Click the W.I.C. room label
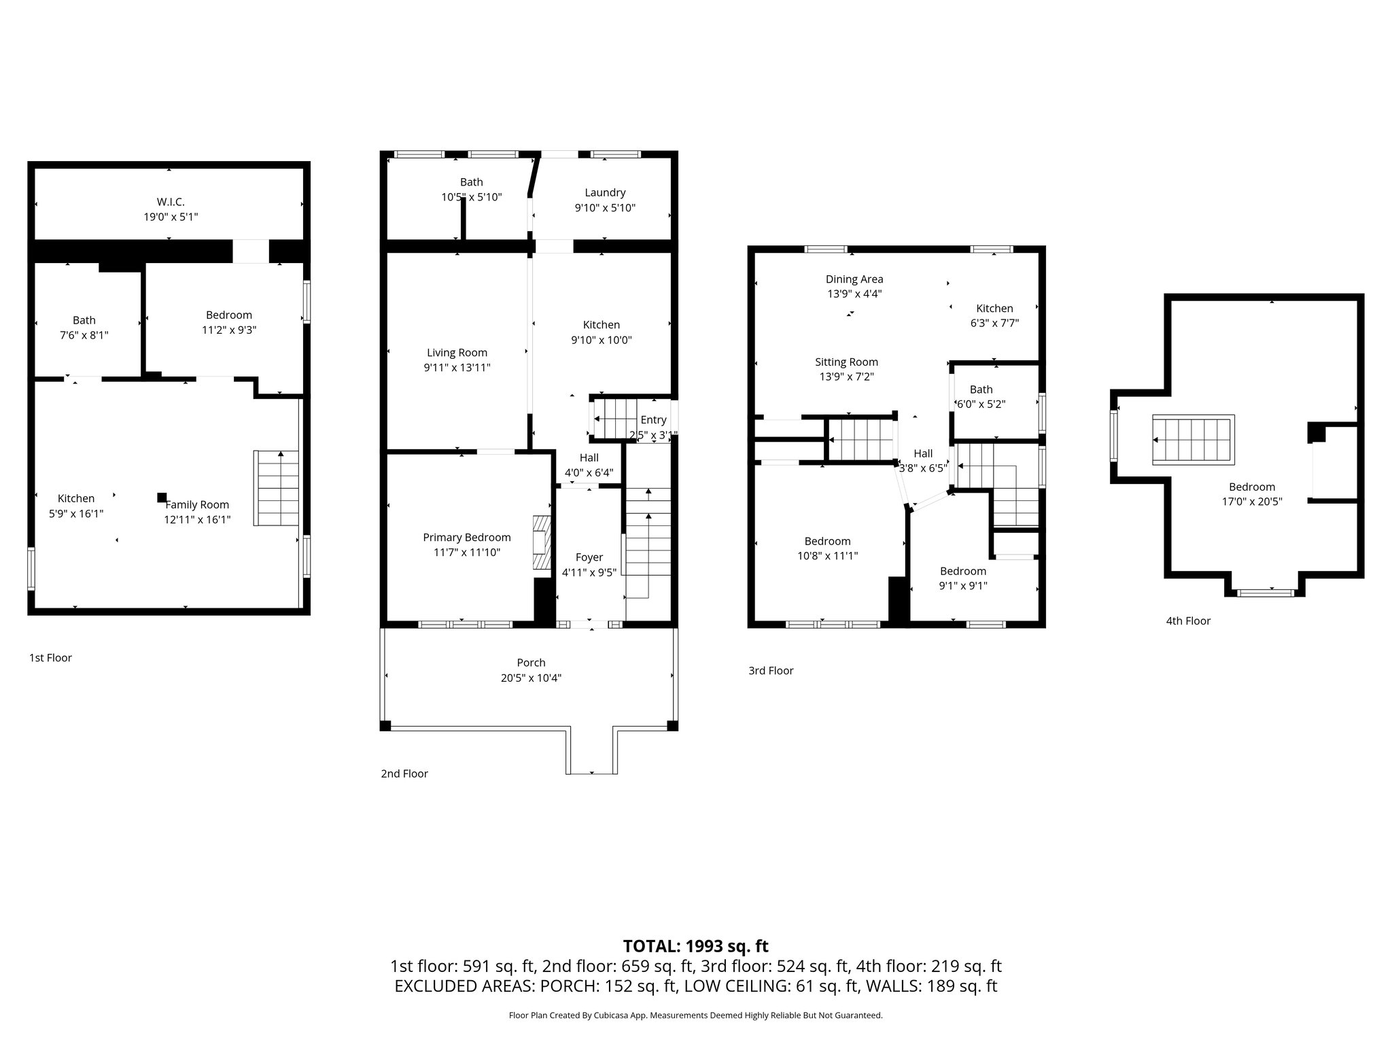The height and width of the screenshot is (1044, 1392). point(170,202)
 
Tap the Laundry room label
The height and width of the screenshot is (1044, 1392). point(605,192)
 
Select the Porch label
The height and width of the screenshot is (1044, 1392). point(531,663)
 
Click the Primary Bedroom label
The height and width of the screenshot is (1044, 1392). point(467,537)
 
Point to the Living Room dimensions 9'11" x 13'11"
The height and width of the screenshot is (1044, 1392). point(457,368)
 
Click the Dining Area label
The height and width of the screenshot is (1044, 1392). point(854,279)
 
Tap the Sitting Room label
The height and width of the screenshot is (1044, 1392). point(846,362)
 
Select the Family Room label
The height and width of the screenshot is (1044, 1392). point(197,504)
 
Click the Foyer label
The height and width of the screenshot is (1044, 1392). point(589,557)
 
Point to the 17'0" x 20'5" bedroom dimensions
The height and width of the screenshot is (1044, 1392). point(1251,502)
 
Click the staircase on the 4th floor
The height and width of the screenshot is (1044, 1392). point(1193,440)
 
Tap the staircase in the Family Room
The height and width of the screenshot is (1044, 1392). point(277,488)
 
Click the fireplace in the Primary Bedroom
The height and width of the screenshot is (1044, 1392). point(541,542)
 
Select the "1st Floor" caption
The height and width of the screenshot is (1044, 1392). point(50,658)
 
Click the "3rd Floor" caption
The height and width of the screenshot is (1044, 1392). point(771,671)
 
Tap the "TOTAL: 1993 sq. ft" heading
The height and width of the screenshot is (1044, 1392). point(695,946)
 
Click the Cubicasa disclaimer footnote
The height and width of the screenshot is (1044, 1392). point(695,1015)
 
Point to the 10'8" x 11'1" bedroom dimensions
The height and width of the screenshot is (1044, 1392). point(827,556)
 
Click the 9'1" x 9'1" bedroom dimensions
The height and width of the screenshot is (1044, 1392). point(963,586)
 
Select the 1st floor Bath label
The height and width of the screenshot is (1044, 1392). point(84,320)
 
